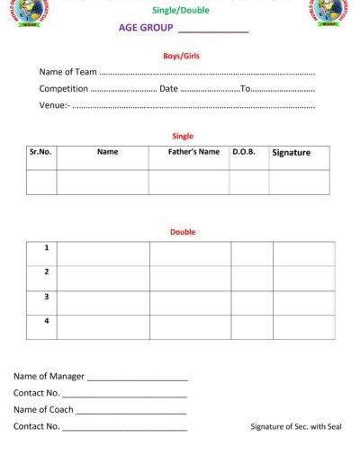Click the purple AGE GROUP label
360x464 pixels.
click(146, 28)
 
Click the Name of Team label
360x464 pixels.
click(67, 72)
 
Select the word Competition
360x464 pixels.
click(64, 89)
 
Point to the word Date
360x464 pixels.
click(168, 89)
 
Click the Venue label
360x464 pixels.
click(53, 105)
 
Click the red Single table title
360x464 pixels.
click(183, 137)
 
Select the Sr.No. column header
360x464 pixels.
click(40, 152)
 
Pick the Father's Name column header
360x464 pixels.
click(193, 152)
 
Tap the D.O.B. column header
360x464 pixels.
click(244, 152)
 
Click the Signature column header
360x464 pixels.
click(291, 153)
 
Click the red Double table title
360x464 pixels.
click(183, 232)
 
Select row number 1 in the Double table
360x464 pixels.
click(47, 247)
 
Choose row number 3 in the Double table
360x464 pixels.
click(47, 296)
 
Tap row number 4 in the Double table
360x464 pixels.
click(47, 320)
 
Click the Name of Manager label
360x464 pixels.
click(49, 377)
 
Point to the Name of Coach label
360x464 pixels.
click(43, 410)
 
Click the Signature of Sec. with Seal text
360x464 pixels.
click(296, 427)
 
